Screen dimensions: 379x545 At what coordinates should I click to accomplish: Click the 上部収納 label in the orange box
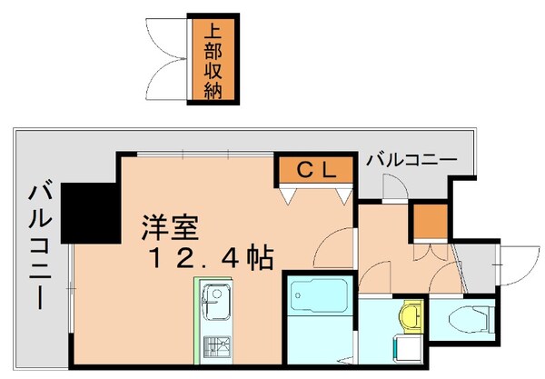pyautogui.click(x=215, y=60)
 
